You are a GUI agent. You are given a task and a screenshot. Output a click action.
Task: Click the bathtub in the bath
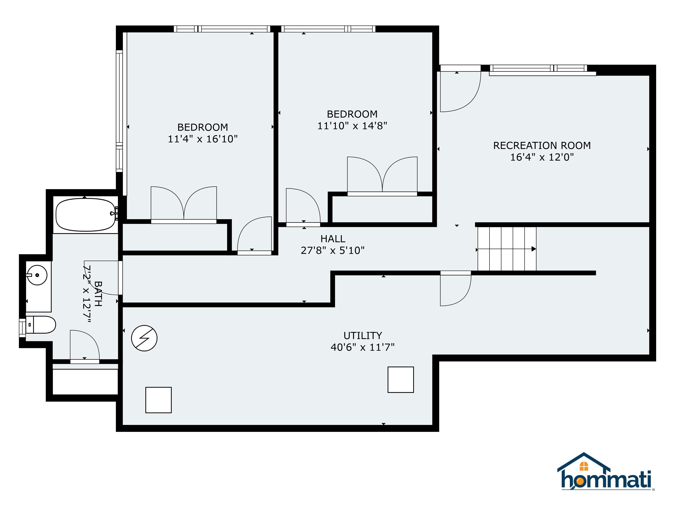point(85,215)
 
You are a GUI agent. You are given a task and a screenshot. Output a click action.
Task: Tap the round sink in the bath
point(37,275)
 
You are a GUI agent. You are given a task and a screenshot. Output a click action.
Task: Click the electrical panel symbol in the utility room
point(144,338)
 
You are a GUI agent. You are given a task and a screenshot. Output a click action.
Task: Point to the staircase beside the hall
point(506,249)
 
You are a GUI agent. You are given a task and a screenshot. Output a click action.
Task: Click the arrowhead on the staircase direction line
point(534,249)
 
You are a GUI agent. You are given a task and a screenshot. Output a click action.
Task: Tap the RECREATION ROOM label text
point(542,145)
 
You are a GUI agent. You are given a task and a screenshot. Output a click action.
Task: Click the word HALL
point(333,239)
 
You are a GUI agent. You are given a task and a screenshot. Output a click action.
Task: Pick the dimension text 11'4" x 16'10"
point(203,139)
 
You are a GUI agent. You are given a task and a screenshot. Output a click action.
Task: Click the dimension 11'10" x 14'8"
point(352,126)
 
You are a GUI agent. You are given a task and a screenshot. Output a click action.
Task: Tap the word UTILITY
point(363,336)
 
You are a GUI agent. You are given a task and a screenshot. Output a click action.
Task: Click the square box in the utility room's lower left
point(158,400)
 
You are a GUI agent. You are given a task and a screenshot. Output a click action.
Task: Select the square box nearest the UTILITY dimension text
point(400,379)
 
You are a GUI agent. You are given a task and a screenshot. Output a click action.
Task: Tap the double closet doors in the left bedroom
point(184,203)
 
